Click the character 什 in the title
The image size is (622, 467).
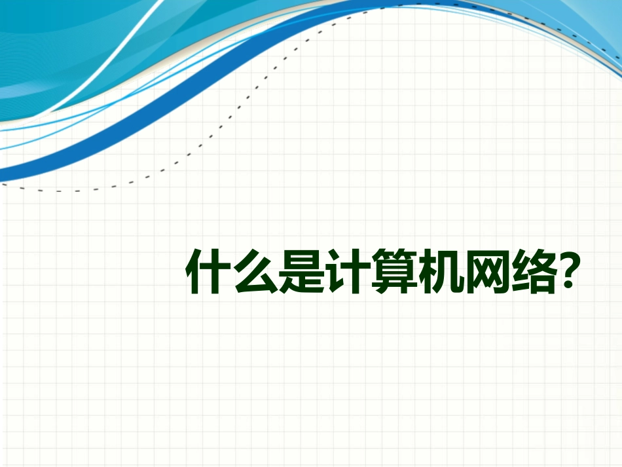point(208,271)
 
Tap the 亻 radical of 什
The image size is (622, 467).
point(195,271)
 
